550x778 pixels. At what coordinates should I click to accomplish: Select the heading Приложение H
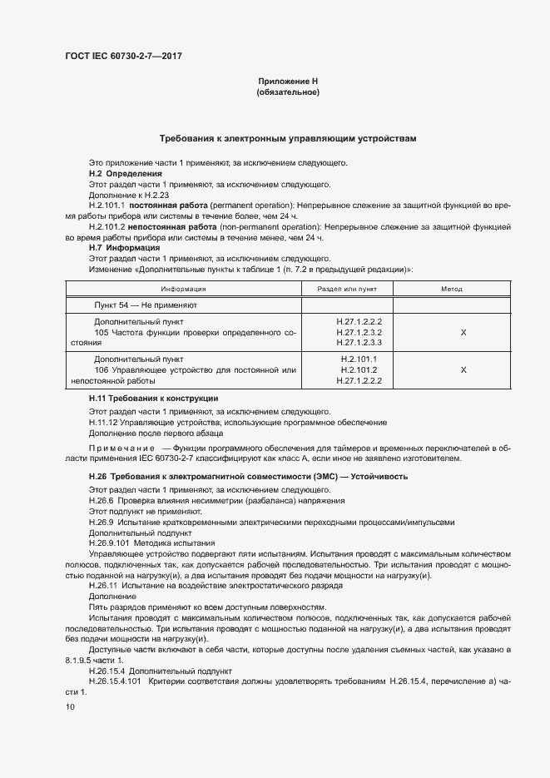coord(288,81)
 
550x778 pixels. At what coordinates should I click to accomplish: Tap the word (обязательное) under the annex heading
coord(288,92)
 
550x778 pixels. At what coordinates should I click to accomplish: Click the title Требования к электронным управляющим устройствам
coord(288,138)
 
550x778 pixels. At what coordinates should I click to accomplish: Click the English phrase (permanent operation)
coord(247,205)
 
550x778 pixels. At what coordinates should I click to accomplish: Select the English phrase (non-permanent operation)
coord(261,226)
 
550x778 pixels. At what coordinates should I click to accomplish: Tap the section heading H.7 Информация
coord(124,248)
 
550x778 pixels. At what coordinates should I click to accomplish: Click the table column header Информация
coord(184,289)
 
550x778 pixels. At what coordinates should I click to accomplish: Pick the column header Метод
coord(451,289)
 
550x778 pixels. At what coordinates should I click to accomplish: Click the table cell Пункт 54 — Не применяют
coord(146,305)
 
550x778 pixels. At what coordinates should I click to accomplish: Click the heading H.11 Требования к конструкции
coord(153,399)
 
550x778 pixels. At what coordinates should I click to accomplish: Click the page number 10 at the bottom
coord(70,706)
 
